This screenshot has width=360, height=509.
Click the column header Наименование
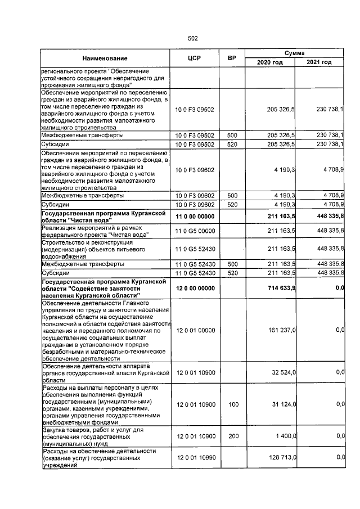point(105,58)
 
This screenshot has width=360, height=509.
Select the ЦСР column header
point(194,58)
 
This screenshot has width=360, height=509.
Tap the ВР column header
point(231,58)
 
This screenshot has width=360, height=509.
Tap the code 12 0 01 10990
point(195,458)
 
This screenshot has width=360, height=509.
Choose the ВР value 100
point(231,404)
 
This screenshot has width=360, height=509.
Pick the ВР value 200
point(231,436)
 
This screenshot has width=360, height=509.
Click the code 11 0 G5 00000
point(195,230)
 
